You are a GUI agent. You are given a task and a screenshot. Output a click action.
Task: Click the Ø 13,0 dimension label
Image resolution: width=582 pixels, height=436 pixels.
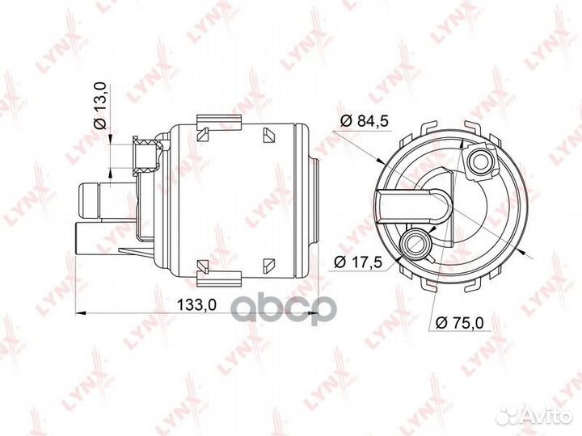tap(100, 107)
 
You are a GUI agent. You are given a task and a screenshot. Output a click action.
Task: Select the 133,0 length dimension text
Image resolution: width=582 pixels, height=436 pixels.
tap(196, 305)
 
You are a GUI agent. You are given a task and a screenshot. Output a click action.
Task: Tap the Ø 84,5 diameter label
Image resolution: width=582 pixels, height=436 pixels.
tap(364, 120)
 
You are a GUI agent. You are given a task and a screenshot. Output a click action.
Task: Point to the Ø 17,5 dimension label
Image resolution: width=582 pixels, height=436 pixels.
tap(358, 262)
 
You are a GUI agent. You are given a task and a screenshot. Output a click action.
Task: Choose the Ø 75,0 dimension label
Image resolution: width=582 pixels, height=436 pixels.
tap(460, 323)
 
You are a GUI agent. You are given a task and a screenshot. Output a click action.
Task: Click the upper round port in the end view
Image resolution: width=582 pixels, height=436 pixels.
tap(479, 161)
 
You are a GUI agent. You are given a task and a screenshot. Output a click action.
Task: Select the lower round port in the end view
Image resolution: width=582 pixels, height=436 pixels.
tap(415, 243)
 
